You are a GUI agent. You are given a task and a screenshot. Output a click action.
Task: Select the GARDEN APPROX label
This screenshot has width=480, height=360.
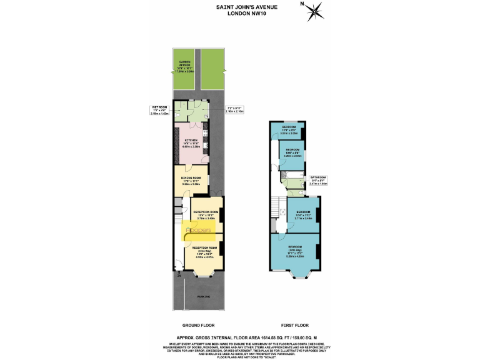click(185, 67)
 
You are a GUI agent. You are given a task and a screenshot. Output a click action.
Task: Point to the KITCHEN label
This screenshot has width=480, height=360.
click(191, 142)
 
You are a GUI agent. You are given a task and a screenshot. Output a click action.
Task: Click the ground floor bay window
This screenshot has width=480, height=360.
click(204, 274)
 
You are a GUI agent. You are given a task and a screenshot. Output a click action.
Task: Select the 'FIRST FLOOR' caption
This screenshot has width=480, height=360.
click(294, 326)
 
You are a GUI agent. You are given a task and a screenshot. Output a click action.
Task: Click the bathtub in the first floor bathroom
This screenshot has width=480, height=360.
click(292, 171)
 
